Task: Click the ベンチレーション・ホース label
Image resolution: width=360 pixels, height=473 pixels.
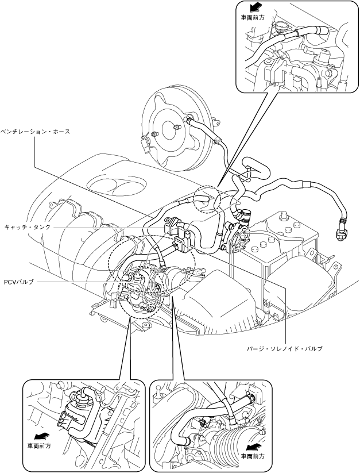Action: tap(35, 132)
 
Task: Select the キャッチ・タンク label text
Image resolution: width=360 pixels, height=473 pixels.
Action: tap(26, 227)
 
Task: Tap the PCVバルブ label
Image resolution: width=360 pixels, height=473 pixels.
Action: tap(19, 282)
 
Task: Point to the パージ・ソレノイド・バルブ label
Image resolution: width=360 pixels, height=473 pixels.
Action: tap(285, 349)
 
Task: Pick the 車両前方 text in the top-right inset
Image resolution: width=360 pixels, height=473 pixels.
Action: tap(253, 17)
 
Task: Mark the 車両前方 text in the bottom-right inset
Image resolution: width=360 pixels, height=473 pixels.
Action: tap(253, 456)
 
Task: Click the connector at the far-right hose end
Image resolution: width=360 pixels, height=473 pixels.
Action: tap(339, 232)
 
